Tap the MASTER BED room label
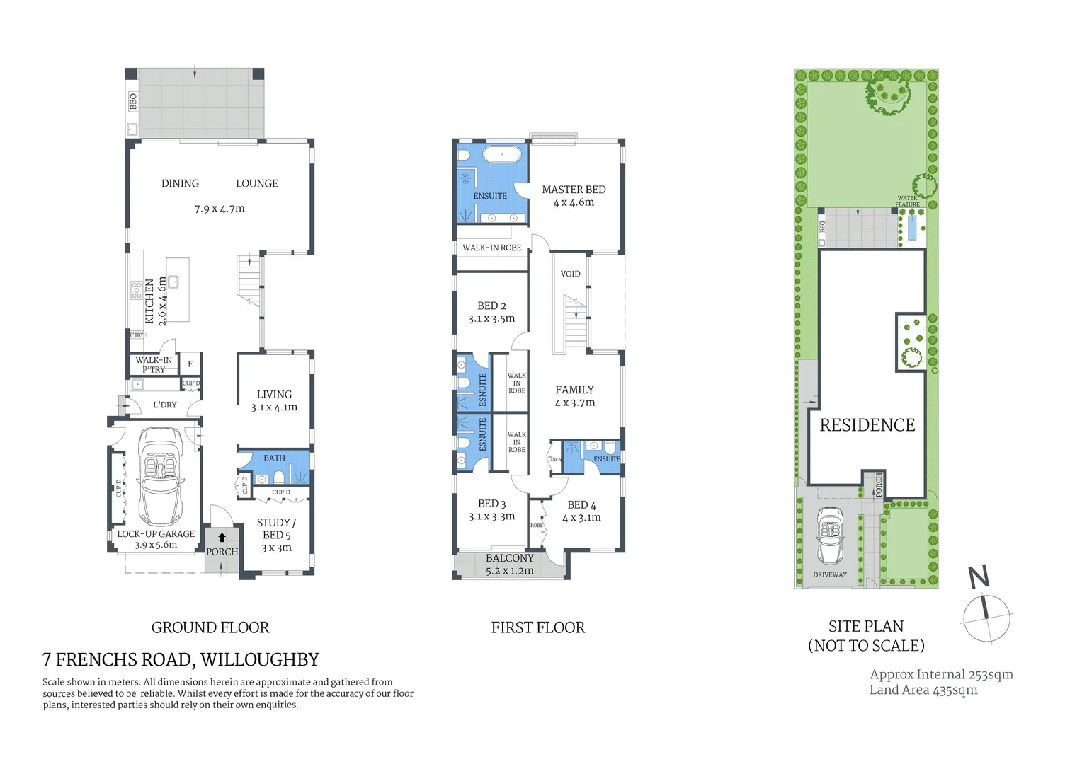(x=574, y=190)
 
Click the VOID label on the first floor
(x=570, y=274)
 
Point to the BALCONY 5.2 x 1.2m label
(x=509, y=565)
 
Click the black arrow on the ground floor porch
(x=222, y=538)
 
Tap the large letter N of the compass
(x=979, y=577)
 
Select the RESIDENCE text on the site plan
(x=867, y=425)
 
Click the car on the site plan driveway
(x=829, y=536)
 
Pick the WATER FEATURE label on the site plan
(x=907, y=202)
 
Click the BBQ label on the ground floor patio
(x=132, y=101)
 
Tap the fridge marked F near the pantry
(x=190, y=364)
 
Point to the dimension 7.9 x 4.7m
(x=220, y=209)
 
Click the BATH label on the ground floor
(x=274, y=458)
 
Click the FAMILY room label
(x=574, y=390)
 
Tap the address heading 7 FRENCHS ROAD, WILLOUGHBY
(x=181, y=659)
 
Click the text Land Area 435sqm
(x=923, y=690)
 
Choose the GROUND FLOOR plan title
(x=210, y=627)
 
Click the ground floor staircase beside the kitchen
(x=249, y=279)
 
